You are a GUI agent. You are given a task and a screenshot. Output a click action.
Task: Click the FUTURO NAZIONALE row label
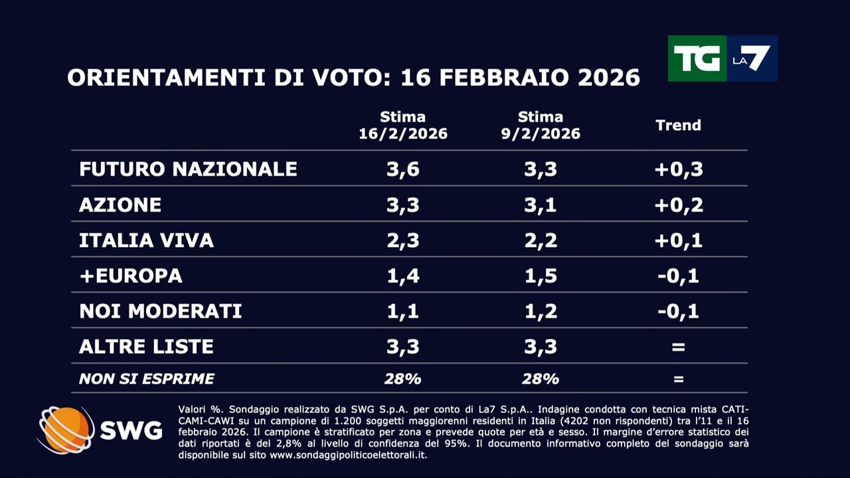188,169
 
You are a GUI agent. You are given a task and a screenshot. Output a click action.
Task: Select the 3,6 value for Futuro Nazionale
402,169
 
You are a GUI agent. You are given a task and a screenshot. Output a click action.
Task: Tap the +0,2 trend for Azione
678,204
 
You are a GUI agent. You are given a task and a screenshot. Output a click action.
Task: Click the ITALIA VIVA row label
146,240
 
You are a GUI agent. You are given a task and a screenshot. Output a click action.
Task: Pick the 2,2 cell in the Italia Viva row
541,240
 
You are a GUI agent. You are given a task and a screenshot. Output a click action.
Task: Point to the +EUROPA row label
130,276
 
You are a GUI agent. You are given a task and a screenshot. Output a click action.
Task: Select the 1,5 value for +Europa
541,276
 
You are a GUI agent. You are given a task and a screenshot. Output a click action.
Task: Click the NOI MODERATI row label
160,311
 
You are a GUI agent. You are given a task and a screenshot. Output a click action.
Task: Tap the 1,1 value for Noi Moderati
402,311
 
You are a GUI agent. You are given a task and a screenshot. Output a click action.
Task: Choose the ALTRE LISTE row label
146,346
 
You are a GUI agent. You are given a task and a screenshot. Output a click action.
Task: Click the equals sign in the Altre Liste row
678,347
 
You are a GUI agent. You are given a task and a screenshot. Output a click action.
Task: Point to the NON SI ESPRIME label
146,379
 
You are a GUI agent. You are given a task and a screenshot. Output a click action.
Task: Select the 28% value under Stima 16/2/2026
402,379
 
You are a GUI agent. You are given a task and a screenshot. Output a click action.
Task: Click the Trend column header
678,125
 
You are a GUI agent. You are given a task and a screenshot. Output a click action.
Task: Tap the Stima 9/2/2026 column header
541,125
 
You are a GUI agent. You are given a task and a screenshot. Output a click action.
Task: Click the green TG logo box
697,58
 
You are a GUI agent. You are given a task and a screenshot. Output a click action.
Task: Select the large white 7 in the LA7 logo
758,58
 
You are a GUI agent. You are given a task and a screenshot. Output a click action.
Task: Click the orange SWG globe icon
65,430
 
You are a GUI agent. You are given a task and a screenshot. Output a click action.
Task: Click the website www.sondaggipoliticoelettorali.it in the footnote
348,455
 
